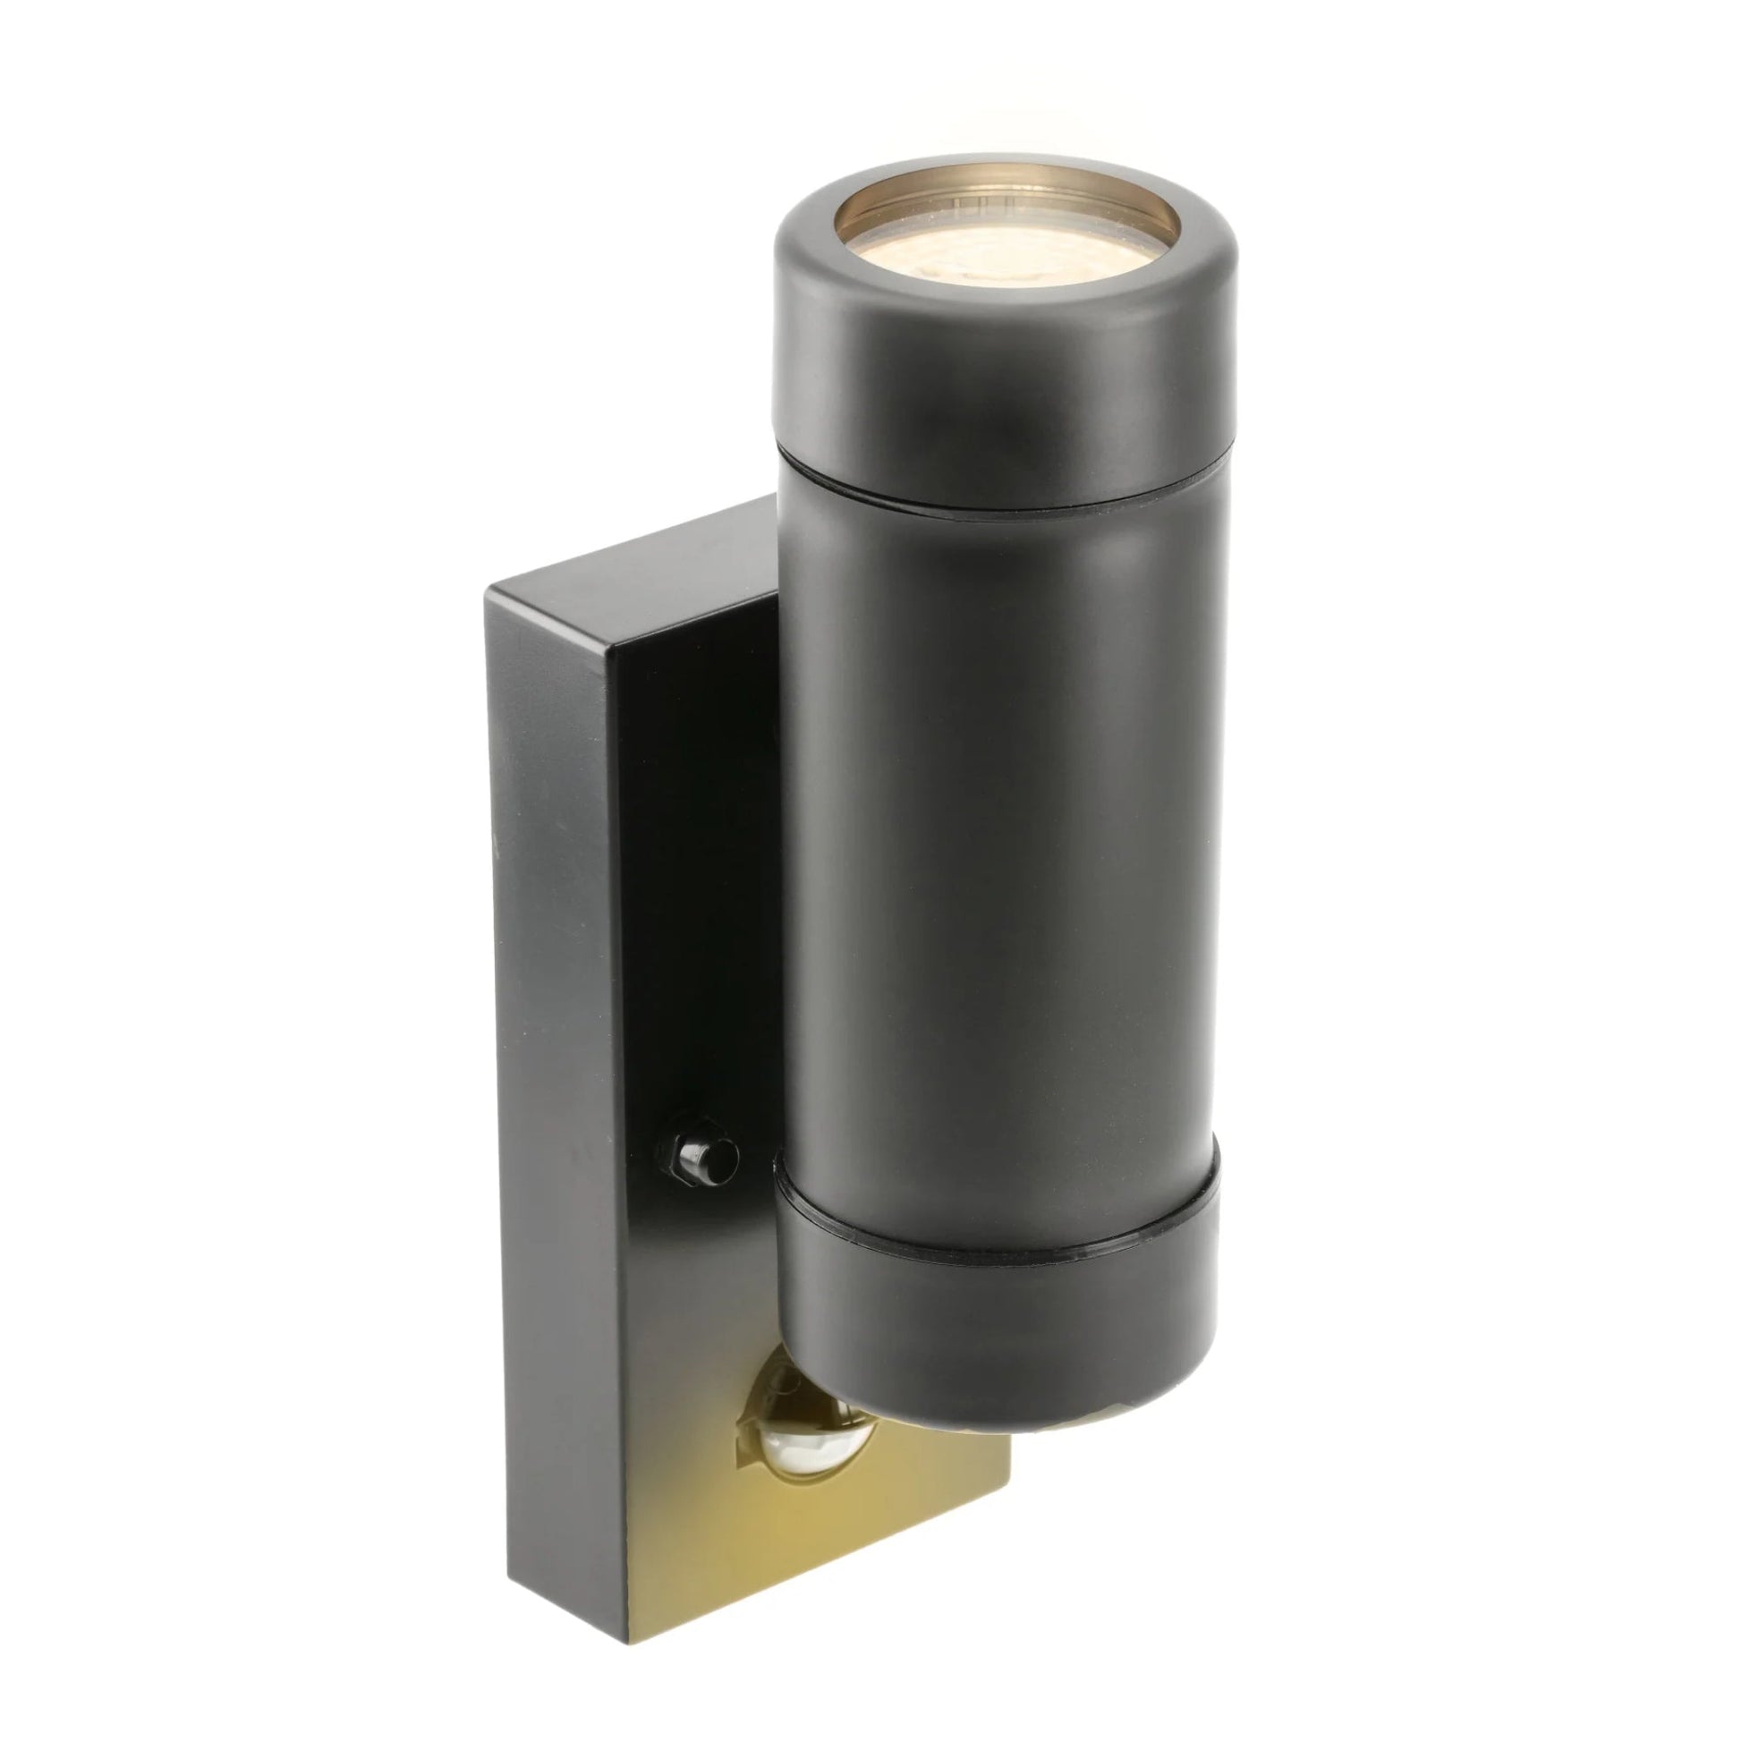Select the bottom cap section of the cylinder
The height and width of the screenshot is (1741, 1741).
click(x=996, y=1343)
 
